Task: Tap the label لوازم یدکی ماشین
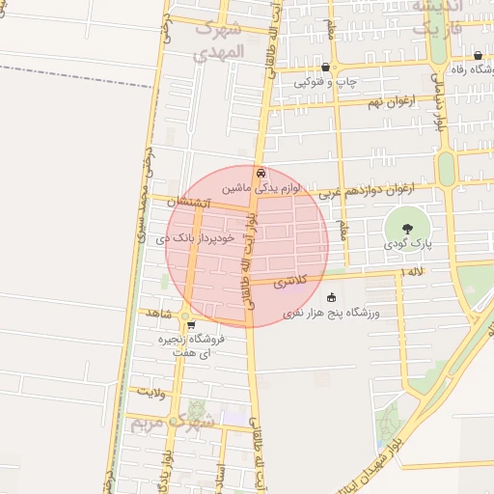pos(262,185)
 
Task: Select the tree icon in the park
pos(405,229)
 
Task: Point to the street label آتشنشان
pos(186,203)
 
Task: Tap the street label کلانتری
pos(289,283)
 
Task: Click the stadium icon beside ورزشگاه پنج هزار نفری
pos(333,297)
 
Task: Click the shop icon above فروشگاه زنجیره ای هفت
pos(192,325)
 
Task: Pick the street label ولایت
pos(152,392)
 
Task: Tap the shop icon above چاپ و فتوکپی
pos(326,68)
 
